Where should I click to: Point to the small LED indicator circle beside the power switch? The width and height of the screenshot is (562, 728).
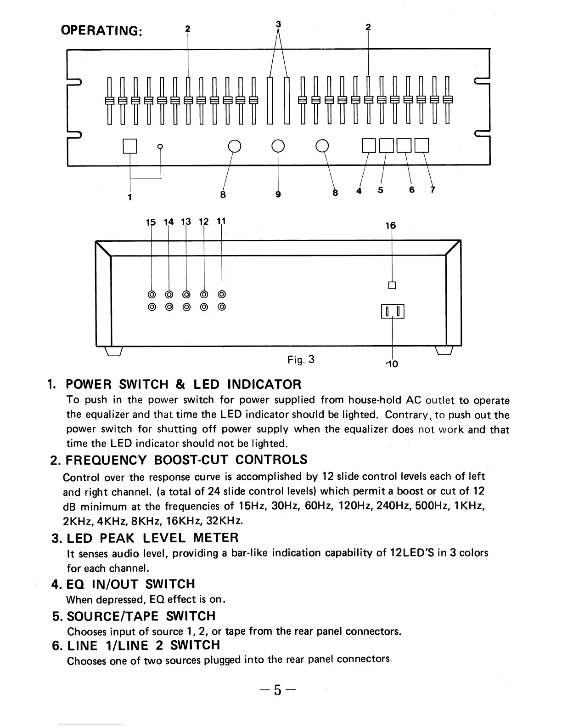tap(160, 147)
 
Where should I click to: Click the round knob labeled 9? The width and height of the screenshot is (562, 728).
tap(278, 146)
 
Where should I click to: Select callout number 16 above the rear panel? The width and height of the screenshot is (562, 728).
tap(391, 226)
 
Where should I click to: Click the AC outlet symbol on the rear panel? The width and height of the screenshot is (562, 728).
tap(392, 312)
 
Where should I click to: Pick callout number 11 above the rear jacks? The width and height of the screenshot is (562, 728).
tap(221, 222)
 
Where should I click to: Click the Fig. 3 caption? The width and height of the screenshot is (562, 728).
tap(301, 359)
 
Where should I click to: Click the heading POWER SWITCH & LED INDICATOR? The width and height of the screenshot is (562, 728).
tap(184, 384)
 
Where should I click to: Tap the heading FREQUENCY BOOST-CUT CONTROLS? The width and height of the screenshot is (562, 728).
tap(186, 460)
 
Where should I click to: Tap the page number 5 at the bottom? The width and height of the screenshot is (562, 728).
tap(277, 690)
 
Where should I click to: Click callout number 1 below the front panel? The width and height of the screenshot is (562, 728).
tap(130, 197)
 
